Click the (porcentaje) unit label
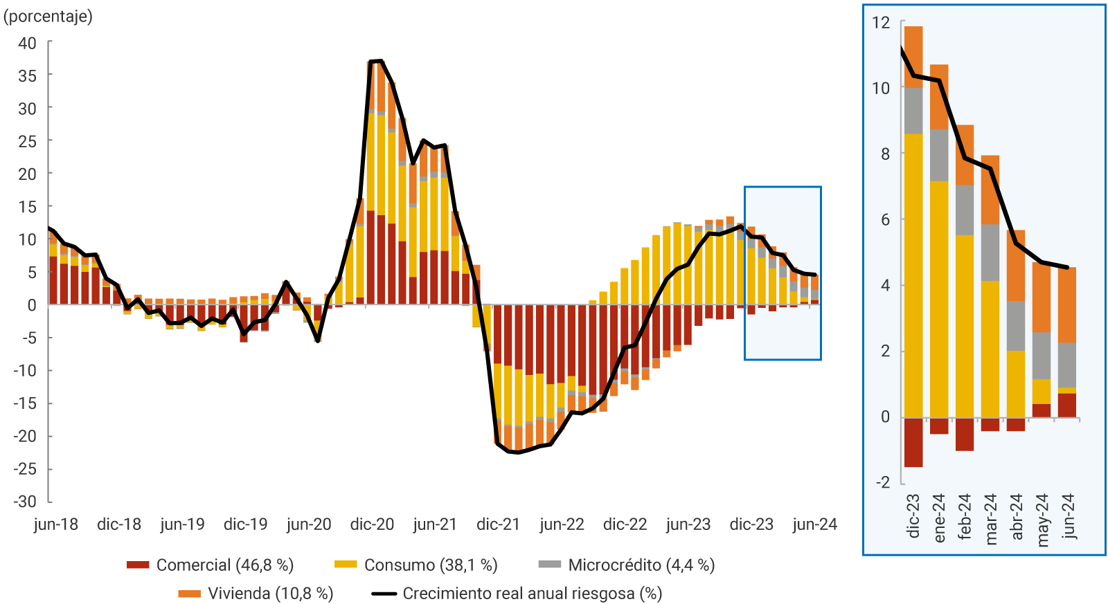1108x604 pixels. point(48,16)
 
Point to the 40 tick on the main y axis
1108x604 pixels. point(27,43)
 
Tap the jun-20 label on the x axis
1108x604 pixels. point(309,524)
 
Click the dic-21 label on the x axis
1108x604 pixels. point(498,524)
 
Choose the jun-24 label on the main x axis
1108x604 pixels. point(814,524)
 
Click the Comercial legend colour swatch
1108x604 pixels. point(138,565)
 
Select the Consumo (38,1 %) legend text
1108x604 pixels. point(431,565)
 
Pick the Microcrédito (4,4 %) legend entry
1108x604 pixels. point(641,565)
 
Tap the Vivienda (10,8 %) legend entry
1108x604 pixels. point(270,594)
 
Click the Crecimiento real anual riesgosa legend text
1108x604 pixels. point(532,594)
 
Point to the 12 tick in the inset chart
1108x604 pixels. point(881,23)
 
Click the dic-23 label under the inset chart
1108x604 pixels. point(913,516)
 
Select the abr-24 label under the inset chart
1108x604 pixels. point(1017,516)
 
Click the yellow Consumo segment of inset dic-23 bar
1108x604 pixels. point(913,277)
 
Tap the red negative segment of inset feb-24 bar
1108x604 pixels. point(965,434)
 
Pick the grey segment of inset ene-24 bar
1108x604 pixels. point(939,155)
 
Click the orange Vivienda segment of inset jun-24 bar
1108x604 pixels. point(1067,304)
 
